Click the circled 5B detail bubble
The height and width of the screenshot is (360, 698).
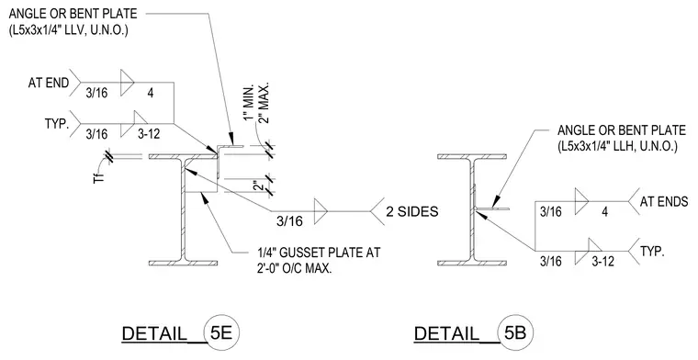(x=515, y=332)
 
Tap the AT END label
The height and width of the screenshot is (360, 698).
(x=49, y=83)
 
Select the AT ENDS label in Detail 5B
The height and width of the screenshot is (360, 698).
(x=664, y=202)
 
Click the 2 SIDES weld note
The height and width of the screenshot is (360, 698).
(x=412, y=211)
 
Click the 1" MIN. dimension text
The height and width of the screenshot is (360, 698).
(x=248, y=103)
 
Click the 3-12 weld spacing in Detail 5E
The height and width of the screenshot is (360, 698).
(x=149, y=133)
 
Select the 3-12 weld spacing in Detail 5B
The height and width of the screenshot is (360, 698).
(x=602, y=261)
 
